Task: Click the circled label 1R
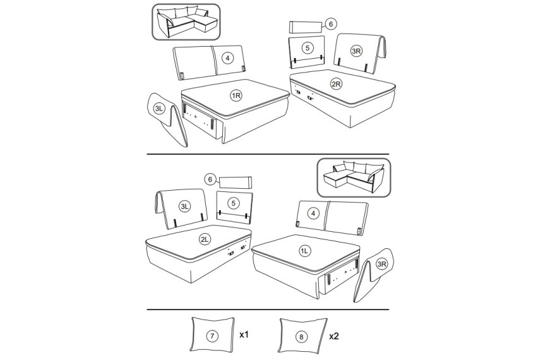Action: point(236,95)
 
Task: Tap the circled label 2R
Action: point(336,84)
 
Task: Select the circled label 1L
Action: point(304,251)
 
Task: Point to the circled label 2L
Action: point(205,239)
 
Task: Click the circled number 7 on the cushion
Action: point(212,336)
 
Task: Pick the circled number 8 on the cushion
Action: point(301,337)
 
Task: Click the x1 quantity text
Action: point(244,335)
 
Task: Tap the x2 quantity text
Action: point(334,336)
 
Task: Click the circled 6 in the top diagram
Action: point(331,24)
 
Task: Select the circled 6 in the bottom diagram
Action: point(210,179)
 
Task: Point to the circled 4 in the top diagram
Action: point(227,58)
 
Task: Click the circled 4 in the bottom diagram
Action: point(313,213)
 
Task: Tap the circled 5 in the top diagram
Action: point(307,48)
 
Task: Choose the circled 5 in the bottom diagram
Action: point(234,203)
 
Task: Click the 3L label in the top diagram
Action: point(159,109)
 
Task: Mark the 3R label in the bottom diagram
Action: point(381,265)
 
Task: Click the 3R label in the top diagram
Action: point(356,51)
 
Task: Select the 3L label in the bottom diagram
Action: point(184,207)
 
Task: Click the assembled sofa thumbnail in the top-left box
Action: point(187,22)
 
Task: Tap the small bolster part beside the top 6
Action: point(306,27)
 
